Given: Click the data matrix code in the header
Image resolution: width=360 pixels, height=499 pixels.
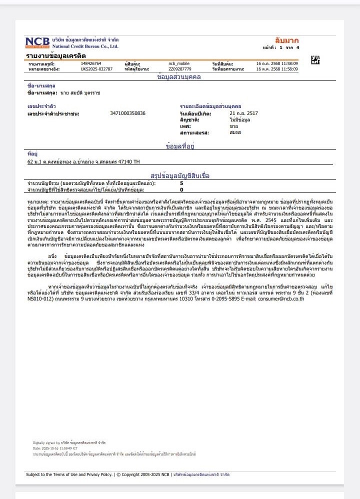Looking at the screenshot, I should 315,60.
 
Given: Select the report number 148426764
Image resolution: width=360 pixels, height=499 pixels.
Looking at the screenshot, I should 91,64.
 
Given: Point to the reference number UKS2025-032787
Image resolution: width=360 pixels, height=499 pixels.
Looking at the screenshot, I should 96,69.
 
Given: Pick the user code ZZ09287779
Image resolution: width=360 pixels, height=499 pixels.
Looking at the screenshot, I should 179,69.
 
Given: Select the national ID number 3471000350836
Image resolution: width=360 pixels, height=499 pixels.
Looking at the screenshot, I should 127,113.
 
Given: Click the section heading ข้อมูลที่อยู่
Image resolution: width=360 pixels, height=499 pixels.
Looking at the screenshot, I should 179,146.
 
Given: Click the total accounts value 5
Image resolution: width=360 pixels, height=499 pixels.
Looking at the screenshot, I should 181,183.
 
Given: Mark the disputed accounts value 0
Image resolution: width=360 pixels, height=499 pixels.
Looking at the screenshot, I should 181,190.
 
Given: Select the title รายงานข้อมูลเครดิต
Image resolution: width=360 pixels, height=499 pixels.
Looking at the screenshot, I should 56,55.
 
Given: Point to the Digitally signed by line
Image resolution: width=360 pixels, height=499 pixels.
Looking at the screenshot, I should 69,442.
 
